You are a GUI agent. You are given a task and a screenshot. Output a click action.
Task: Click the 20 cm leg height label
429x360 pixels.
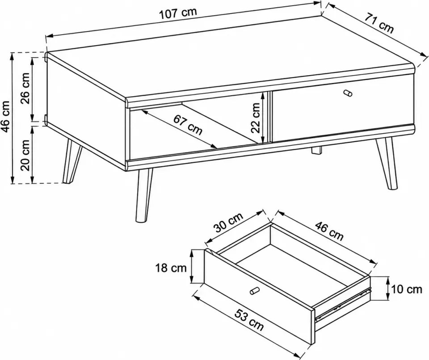(26, 155)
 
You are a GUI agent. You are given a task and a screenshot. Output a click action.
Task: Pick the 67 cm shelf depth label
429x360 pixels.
(188, 125)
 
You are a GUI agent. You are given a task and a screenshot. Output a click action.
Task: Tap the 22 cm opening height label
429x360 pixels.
(256, 118)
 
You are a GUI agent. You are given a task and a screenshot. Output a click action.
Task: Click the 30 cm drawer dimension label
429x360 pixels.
(228, 222)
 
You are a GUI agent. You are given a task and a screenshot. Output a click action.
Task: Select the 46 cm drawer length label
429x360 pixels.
(329, 231)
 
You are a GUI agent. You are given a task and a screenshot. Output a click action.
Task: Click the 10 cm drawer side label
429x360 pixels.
(407, 289)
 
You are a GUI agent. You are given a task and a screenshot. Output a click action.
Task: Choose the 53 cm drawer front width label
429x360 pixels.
(249, 320)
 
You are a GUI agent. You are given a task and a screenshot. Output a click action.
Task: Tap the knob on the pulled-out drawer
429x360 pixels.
(254, 291)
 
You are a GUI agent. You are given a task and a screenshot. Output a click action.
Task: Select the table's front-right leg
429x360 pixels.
(386, 163)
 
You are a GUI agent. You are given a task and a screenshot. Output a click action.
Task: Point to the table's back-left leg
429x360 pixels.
(71, 160)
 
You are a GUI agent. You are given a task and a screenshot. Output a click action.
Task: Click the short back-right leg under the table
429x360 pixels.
(317, 151)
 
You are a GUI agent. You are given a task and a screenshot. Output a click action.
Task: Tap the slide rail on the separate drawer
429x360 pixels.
(343, 305)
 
